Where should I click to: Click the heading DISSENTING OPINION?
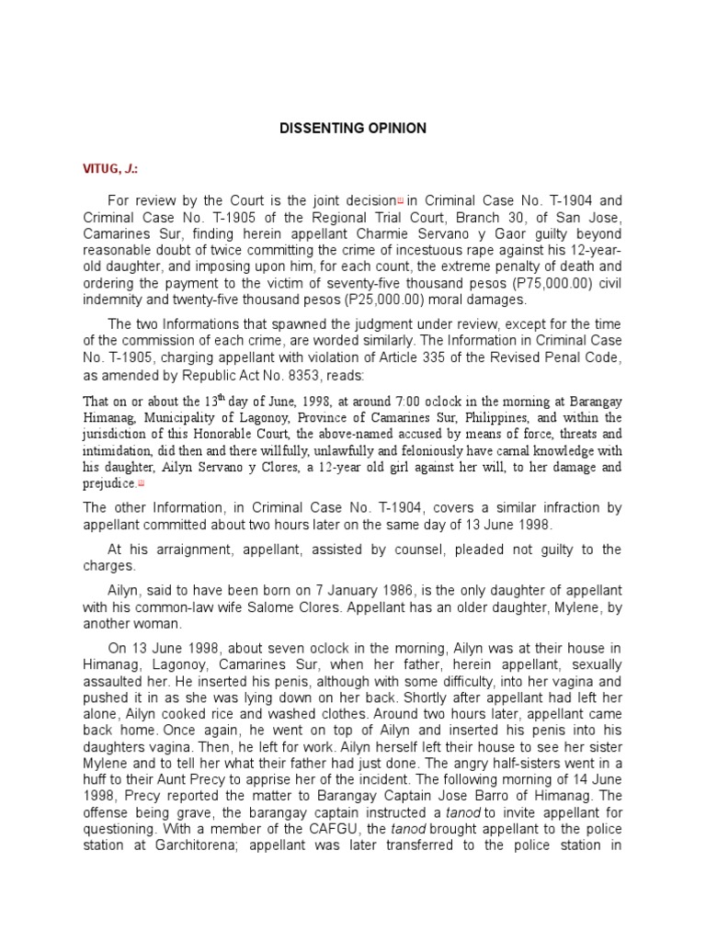click(353, 129)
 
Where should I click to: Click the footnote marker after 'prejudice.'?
click(142, 483)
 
